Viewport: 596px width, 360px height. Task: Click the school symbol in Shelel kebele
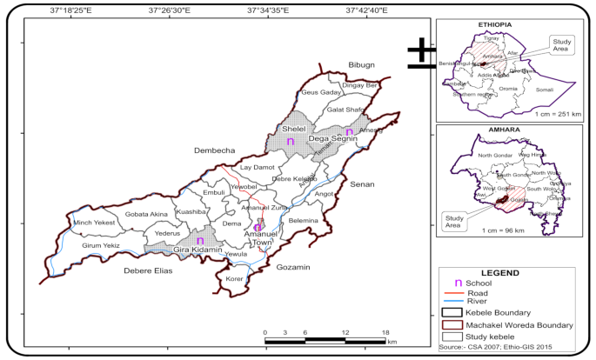pyautogui.click(x=290, y=141)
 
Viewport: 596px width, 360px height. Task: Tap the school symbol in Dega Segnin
pyautogui.click(x=348, y=133)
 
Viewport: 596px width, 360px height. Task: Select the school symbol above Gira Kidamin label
pyautogui.click(x=199, y=241)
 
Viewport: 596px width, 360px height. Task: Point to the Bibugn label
pyautogui.click(x=360, y=66)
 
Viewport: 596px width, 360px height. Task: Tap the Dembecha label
pyautogui.click(x=213, y=150)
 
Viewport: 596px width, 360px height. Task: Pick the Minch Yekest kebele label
pyautogui.click(x=94, y=223)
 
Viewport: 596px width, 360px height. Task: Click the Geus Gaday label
pyautogui.click(x=320, y=92)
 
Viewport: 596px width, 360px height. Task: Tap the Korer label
pyautogui.click(x=234, y=279)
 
